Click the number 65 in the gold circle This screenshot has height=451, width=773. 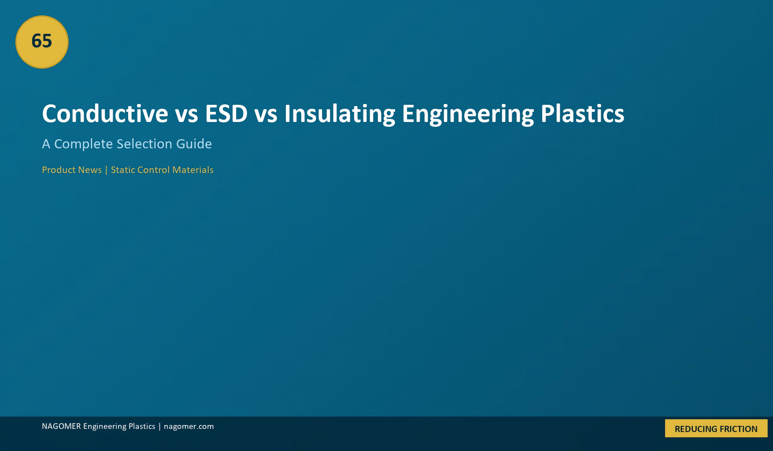coord(42,41)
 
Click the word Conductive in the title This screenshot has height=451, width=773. coord(105,114)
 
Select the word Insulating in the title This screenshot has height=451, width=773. coord(340,114)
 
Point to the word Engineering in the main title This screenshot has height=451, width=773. coord(468,114)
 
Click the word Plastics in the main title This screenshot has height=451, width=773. coord(582,114)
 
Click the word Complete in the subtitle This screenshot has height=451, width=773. coord(83,144)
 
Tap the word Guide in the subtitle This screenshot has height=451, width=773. coord(194,144)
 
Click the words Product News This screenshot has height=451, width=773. coord(72,170)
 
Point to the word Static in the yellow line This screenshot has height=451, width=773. coord(123,170)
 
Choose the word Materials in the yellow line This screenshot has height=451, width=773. coord(193,170)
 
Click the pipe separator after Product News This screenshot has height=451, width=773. coord(106,170)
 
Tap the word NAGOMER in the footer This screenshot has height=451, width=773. coord(61,426)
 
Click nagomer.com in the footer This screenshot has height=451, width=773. coord(189,426)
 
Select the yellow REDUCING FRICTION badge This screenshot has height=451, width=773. coord(716,429)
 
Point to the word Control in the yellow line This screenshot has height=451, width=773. coord(153,170)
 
